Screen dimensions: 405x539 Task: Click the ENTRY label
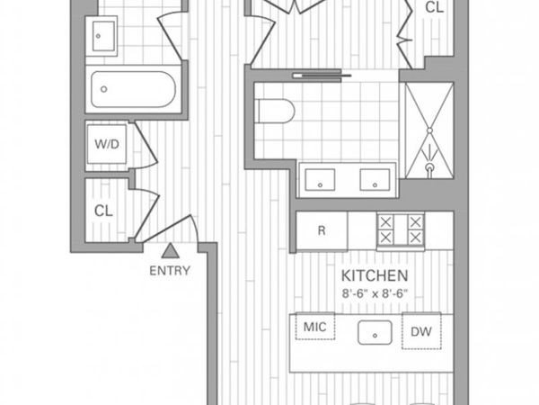pos(170,270)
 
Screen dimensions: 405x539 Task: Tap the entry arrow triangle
pos(170,252)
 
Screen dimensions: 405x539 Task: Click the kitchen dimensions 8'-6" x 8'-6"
pos(375,292)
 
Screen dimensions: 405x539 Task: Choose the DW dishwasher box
pos(421,331)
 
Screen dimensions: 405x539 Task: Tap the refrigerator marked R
pos(322,230)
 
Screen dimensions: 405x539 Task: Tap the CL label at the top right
pos(434,8)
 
